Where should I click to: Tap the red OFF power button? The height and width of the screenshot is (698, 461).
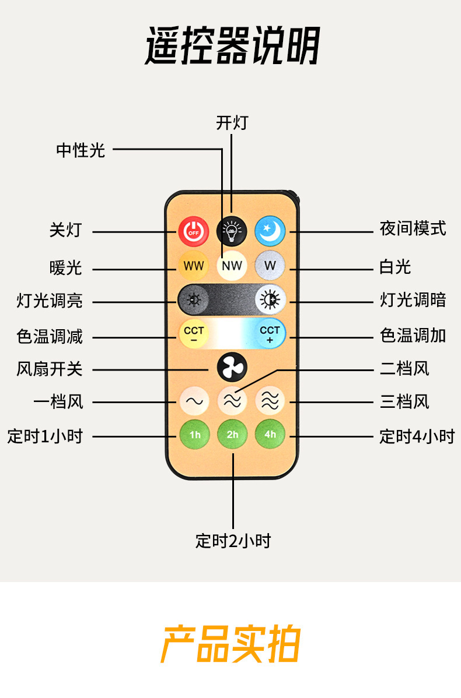(x=194, y=231)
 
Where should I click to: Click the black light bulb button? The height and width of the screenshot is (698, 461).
(x=232, y=231)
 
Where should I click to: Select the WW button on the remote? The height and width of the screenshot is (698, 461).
(x=194, y=266)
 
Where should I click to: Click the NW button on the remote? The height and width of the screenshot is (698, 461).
(x=232, y=266)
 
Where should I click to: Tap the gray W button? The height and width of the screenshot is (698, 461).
(x=270, y=266)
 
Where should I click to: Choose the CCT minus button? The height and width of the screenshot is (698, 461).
(x=194, y=334)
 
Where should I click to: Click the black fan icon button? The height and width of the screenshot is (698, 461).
(x=232, y=368)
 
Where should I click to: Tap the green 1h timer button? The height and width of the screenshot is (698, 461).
(x=194, y=435)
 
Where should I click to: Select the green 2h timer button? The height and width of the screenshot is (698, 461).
(x=232, y=435)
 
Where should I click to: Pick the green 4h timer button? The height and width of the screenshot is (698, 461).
(x=270, y=435)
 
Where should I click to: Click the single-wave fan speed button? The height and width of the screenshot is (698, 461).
(x=194, y=401)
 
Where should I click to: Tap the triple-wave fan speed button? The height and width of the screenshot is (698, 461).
(x=270, y=401)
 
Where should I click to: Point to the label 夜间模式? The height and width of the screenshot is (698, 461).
(x=413, y=228)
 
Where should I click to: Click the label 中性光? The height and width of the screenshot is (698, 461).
(x=81, y=150)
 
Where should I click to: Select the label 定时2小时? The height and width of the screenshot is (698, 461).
(x=233, y=541)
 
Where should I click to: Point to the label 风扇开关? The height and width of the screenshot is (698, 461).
(x=50, y=369)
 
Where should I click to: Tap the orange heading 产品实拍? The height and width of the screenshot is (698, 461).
(x=230, y=644)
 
